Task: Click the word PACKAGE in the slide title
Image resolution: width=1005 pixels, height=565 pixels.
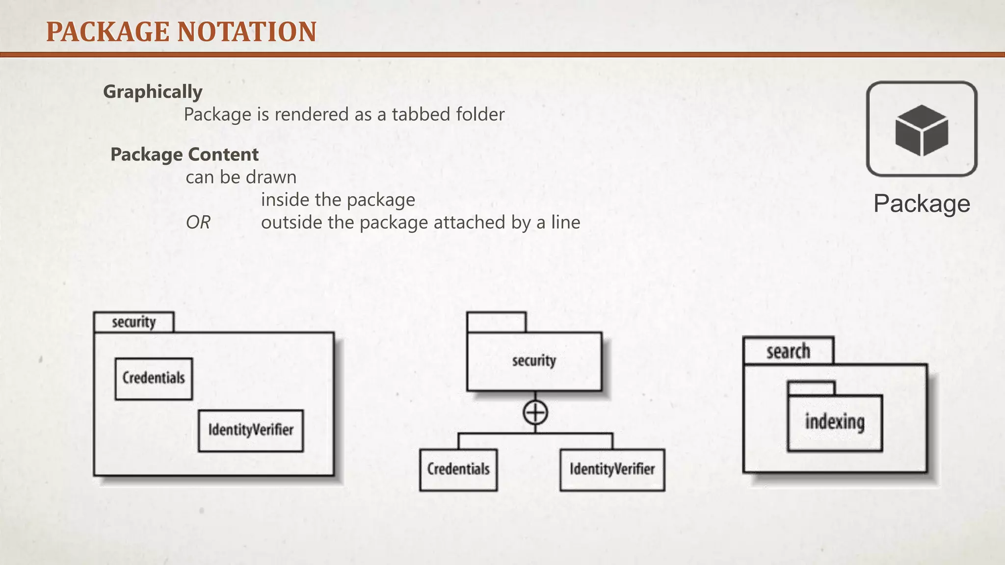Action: click(x=107, y=32)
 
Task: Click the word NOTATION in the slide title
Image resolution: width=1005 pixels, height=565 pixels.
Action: click(x=247, y=32)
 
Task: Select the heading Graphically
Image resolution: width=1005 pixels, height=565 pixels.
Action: click(x=153, y=92)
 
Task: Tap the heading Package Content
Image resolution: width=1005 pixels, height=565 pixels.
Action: click(x=184, y=154)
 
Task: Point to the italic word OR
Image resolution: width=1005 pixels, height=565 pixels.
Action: click(x=198, y=223)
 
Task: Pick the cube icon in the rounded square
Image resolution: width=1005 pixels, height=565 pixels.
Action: click(x=921, y=130)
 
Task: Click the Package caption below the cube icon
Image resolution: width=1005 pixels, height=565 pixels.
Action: click(x=922, y=204)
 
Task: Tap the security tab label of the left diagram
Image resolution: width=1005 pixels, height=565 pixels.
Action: click(x=133, y=322)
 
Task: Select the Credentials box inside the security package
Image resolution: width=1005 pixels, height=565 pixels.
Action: click(x=154, y=378)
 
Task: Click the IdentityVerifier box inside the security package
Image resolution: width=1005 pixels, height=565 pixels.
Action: click(x=251, y=430)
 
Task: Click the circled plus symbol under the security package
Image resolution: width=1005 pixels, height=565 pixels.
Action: click(x=535, y=412)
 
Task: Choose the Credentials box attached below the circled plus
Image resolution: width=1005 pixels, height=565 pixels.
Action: click(x=458, y=469)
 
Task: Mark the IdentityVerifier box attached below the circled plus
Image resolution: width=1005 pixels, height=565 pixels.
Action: click(x=612, y=469)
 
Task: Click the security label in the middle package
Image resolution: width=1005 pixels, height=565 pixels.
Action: click(x=534, y=361)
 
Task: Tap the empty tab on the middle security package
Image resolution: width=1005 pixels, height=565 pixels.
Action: click(x=496, y=322)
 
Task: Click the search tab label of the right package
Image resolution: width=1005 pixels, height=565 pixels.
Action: click(x=788, y=351)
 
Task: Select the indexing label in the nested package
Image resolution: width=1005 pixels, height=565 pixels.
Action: click(x=835, y=422)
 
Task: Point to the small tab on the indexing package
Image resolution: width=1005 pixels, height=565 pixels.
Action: click(x=811, y=388)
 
